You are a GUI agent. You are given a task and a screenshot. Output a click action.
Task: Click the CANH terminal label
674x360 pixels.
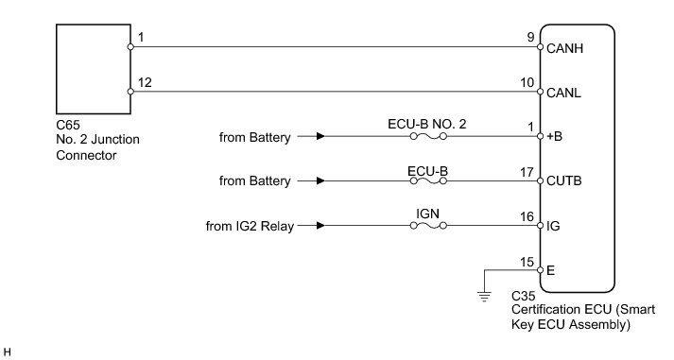pyautogui.click(x=564, y=48)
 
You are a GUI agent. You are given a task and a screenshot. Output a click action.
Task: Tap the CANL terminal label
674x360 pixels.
pyautogui.click(x=563, y=93)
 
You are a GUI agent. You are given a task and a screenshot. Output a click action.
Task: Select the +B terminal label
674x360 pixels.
pyautogui.click(x=555, y=136)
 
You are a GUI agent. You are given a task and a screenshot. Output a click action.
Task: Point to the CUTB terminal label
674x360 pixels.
pyautogui.click(x=564, y=180)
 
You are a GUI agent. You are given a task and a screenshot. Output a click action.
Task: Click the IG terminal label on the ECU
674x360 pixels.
pyautogui.click(x=553, y=226)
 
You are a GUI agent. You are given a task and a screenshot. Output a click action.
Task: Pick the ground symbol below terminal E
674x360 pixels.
pyautogui.click(x=484, y=297)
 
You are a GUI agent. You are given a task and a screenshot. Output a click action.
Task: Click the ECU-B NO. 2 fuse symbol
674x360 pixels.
pyautogui.click(x=428, y=136)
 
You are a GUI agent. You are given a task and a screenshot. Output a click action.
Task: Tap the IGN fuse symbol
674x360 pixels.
pyautogui.click(x=428, y=226)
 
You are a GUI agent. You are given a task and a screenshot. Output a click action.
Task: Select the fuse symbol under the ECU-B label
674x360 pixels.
pyautogui.click(x=428, y=180)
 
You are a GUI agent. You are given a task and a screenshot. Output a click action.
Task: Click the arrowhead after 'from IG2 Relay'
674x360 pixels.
pyautogui.click(x=320, y=226)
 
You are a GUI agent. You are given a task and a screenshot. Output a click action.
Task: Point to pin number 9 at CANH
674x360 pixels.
pyautogui.click(x=531, y=37)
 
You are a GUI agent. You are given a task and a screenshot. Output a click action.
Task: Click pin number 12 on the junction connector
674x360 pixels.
pyautogui.click(x=145, y=82)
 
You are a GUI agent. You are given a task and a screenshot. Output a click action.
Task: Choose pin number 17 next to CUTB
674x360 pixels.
pyautogui.click(x=527, y=172)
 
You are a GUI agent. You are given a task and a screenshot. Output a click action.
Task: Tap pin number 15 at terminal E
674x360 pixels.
pyautogui.click(x=527, y=262)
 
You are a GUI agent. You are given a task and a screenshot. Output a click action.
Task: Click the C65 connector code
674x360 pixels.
pyautogui.click(x=68, y=125)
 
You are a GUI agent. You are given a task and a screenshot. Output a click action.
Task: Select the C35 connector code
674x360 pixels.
pyautogui.click(x=524, y=296)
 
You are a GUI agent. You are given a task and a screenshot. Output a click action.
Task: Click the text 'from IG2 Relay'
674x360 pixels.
pyautogui.click(x=250, y=226)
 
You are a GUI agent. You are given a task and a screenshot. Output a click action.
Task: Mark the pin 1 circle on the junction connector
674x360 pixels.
pyautogui.click(x=130, y=47)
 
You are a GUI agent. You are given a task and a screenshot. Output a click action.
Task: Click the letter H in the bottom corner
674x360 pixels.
pyautogui.click(x=7, y=352)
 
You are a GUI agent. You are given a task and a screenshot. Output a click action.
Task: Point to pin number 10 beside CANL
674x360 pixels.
pyautogui.click(x=527, y=82)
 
